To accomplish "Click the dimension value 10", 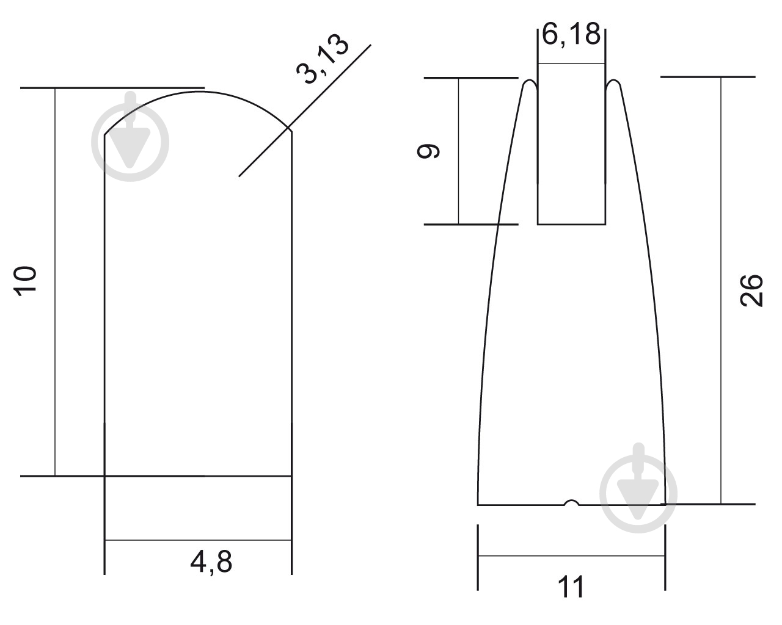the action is coord(25,281).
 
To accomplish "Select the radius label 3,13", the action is coord(323,59).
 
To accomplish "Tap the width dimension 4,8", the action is coord(211,562).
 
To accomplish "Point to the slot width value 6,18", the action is coord(571,34).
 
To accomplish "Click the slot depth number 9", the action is coord(429,151).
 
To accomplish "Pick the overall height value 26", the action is coord(751,291).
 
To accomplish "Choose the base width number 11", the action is coord(571,587).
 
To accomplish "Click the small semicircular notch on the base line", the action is coord(572,502).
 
